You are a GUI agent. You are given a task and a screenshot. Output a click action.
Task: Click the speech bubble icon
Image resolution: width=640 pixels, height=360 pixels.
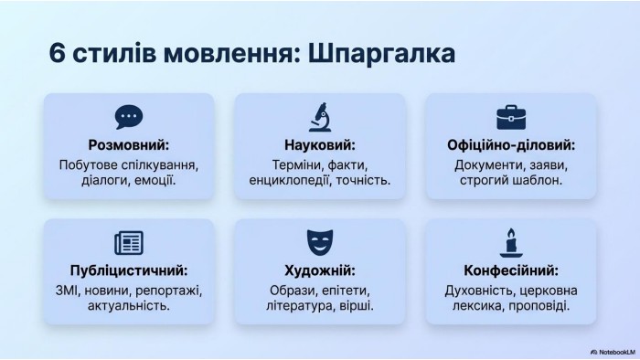pos(129,117)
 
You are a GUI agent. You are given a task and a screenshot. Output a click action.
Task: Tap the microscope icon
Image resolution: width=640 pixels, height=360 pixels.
pos(320,117)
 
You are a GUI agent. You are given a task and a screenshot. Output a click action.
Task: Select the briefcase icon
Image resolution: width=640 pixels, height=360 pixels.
pos(511,118)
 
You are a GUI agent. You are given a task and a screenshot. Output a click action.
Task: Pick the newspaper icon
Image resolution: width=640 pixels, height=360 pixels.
pos(129,242)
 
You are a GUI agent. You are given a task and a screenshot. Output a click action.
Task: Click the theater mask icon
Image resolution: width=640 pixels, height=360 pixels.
pos(320,242)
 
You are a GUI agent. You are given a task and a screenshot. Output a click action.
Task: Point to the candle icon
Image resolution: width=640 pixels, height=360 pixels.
pos(511,242)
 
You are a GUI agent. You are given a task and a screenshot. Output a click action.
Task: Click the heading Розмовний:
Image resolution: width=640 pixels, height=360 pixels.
pos(129,144)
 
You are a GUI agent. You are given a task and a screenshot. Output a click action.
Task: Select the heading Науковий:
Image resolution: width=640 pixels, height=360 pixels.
pos(320,144)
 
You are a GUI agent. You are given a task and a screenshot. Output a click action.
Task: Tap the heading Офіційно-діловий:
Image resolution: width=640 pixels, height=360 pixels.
pos(511,144)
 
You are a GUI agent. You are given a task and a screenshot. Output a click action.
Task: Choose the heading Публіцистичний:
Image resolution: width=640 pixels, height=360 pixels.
pos(129,270)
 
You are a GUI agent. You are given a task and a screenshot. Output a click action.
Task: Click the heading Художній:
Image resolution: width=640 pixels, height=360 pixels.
pos(320,270)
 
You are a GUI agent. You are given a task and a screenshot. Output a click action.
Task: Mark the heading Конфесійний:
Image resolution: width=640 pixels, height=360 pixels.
pos(511,270)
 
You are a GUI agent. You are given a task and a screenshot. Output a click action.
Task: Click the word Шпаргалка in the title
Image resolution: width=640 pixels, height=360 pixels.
pos(381,53)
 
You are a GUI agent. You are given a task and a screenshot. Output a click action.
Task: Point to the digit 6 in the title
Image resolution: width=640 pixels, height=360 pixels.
pos(57,53)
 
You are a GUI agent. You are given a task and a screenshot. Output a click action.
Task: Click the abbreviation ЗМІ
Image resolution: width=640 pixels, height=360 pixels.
pos(68,291)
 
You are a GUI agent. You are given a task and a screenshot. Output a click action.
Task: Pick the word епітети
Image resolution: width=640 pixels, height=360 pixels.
pos(346,291)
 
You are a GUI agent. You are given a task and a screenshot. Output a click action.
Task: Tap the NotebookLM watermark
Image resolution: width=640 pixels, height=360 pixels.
pos(613,352)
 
